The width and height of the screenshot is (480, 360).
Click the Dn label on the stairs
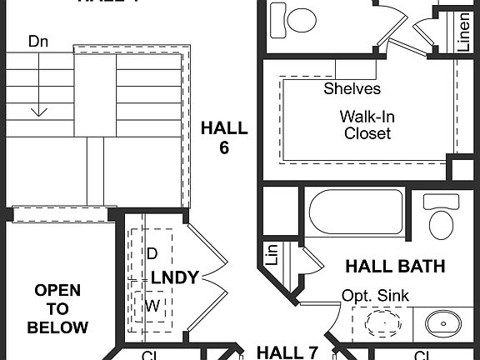point(37,41)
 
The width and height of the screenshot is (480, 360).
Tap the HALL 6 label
point(224,137)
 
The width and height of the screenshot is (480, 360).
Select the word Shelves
point(352,88)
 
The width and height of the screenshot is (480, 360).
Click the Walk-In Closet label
point(367,124)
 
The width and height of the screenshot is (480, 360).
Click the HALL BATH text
point(395,267)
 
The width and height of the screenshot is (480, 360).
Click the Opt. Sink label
point(374,296)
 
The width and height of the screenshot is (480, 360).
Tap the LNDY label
point(174,277)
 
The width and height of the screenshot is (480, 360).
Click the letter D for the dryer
point(152,252)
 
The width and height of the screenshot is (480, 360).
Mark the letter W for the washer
point(152,306)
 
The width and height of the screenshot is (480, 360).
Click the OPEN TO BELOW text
point(57,308)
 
